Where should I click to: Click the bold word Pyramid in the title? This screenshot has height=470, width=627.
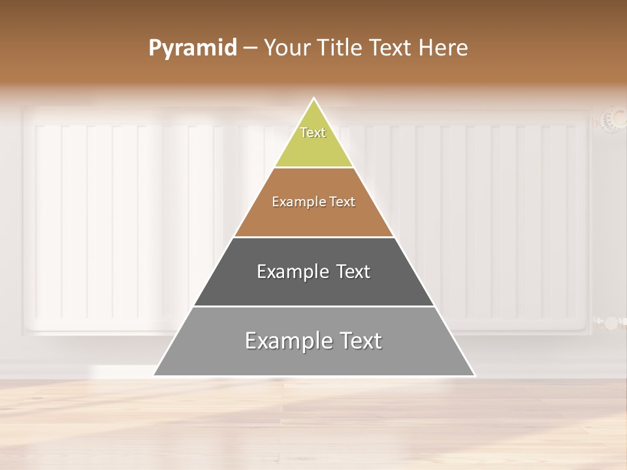[x=193, y=48]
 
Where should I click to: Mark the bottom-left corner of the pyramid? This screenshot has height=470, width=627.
[x=155, y=375]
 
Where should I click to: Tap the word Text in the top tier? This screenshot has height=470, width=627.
[x=313, y=133]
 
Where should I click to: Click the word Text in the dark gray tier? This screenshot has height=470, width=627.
[x=353, y=272]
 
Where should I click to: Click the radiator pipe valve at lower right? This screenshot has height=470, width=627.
[x=610, y=322]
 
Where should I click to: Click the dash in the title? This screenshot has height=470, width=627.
[x=250, y=48]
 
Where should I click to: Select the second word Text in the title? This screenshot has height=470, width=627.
[x=391, y=48]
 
